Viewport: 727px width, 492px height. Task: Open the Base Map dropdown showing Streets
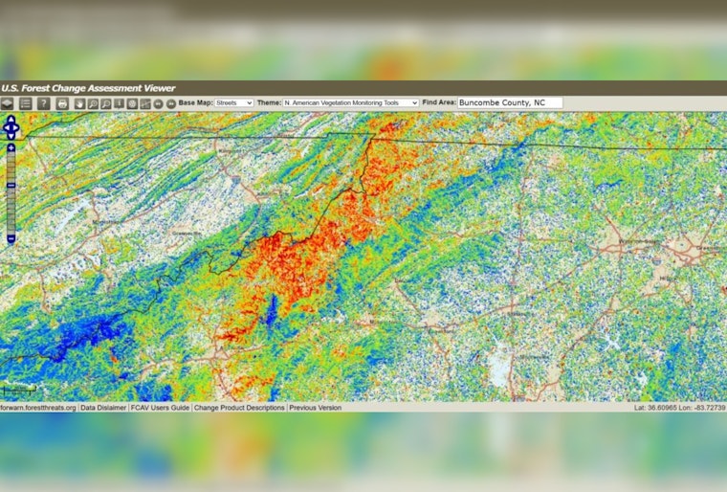click(233, 102)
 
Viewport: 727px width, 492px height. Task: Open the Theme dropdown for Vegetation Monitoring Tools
click(350, 102)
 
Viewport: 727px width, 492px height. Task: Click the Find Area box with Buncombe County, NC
click(510, 102)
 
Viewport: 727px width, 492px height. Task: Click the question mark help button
click(43, 103)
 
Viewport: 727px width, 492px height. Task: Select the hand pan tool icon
click(79, 103)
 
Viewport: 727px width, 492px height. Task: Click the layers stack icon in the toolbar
click(8, 103)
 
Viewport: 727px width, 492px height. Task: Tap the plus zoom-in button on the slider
click(11, 148)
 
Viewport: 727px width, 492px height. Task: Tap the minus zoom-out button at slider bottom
click(11, 238)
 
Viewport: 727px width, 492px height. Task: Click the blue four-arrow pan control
click(11, 127)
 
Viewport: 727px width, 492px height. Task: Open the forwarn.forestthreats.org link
click(38, 408)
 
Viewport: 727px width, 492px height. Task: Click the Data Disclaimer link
click(103, 408)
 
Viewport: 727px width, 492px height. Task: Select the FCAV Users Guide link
click(160, 408)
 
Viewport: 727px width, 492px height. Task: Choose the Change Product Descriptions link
click(239, 408)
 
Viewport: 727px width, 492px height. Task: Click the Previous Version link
click(316, 408)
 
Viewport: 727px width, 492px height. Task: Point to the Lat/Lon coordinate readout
click(678, 408)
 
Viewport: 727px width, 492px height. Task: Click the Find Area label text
click(439, 102)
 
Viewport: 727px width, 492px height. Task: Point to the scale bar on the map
click(19, 389)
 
